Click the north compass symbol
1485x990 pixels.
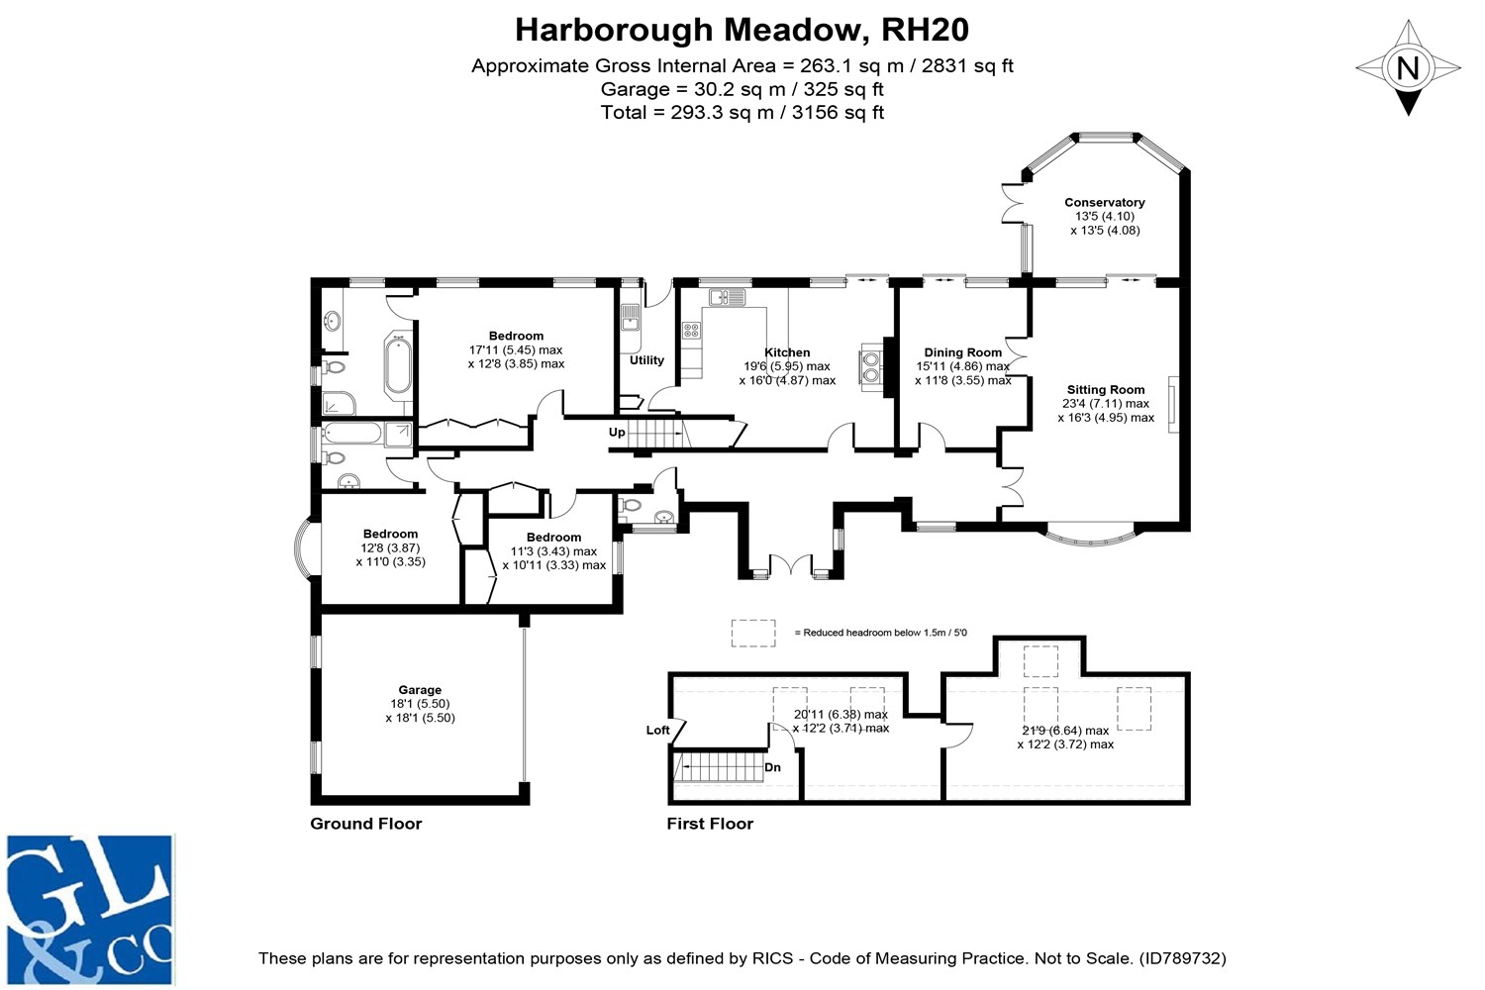1408,68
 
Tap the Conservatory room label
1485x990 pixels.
1105,203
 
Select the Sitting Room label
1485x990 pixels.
1105,390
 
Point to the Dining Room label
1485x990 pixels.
962,352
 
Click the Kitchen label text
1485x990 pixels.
787,352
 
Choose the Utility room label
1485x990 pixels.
646,360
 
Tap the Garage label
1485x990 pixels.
420,690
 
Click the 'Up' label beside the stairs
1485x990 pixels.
617,433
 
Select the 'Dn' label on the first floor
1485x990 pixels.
772,767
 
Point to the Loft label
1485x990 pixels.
657,730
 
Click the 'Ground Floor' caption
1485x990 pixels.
366,824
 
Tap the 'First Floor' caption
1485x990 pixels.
710,824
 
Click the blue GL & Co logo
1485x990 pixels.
91,910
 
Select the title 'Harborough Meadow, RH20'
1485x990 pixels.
742,30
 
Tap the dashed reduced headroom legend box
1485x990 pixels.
753,634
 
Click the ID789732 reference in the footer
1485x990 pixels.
1182,958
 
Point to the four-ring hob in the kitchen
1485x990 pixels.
691,330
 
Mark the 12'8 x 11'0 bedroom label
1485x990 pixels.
390,547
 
